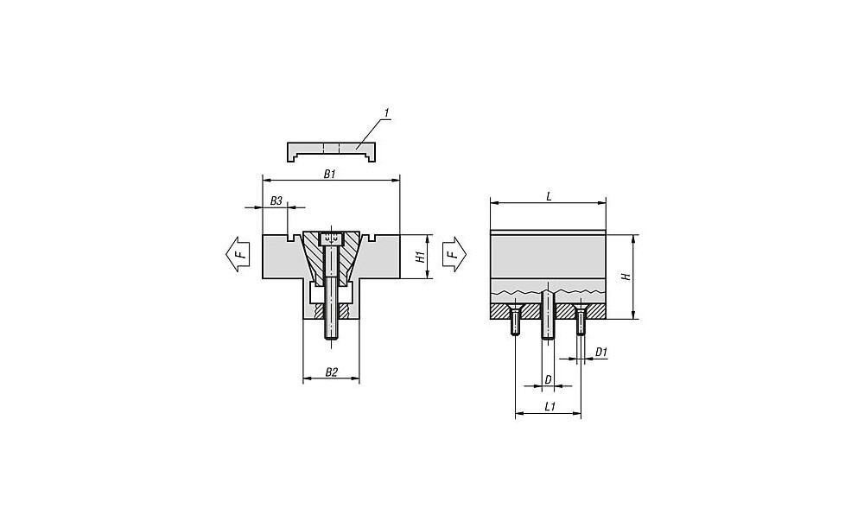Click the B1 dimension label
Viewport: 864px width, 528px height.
click(329, 175)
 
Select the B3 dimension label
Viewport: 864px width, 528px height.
click(276, 201)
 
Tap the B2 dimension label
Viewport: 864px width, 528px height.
click(331, 372)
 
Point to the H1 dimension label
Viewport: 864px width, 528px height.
click(421, 257)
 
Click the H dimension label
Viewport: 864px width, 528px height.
click(626, 277)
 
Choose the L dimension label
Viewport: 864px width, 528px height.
click(549, 196)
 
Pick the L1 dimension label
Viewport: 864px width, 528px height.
click(550, 407)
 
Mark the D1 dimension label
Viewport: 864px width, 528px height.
click(601, 353)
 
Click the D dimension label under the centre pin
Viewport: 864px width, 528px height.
click(549, 379)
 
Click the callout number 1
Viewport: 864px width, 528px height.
click(387, 113)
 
